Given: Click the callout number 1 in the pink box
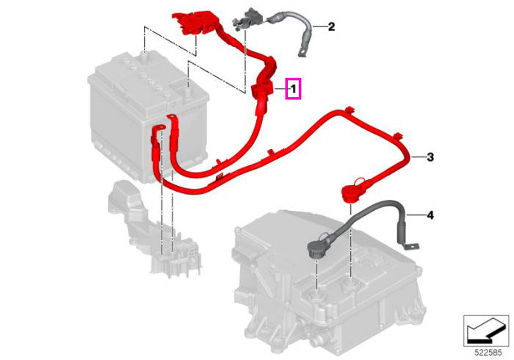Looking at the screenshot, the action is tap(294, 88).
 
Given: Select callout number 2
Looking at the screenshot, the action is tap(331, 26).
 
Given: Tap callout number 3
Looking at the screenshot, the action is tap(430, 157).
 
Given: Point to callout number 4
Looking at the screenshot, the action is tap(430, 215).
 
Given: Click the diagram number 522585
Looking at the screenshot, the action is tap(488, 353).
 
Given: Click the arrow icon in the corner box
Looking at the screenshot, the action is tap(485, 330).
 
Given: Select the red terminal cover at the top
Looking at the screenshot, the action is tap(195, 22).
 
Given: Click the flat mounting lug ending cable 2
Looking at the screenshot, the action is tap(303, 52).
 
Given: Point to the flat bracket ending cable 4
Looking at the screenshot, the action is tap(410, 245).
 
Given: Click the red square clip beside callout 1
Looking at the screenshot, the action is tap(261, 90).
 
